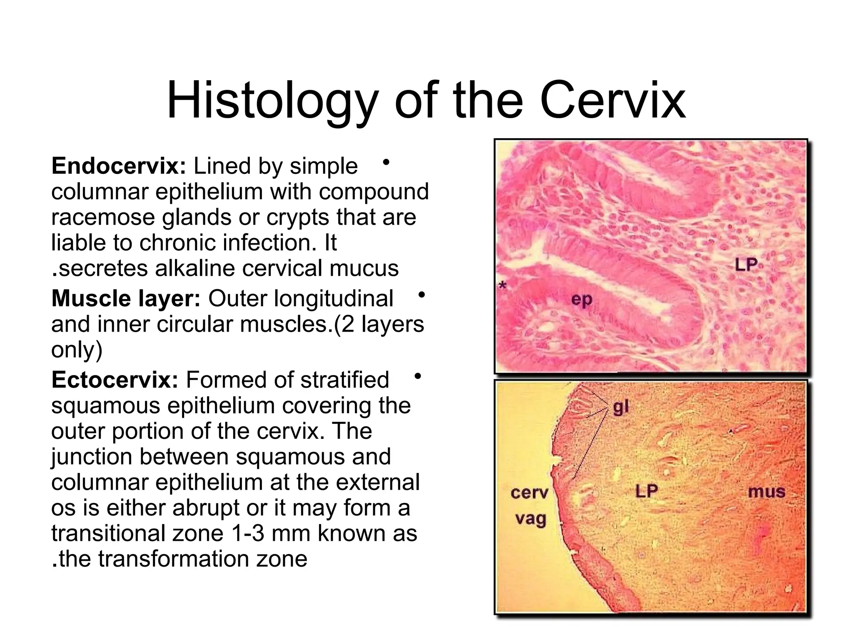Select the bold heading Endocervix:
(118, 166)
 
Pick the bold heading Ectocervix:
(115, 380)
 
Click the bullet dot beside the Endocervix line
(386, 162)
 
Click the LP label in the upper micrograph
(746, 265)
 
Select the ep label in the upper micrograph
(581, 299)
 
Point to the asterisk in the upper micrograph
(503, 286)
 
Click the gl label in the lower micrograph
(621, 407)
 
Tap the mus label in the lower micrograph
(766, 492)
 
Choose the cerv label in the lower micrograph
(529, 493)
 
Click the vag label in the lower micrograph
(530, 519)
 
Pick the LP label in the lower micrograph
(646, 491)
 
